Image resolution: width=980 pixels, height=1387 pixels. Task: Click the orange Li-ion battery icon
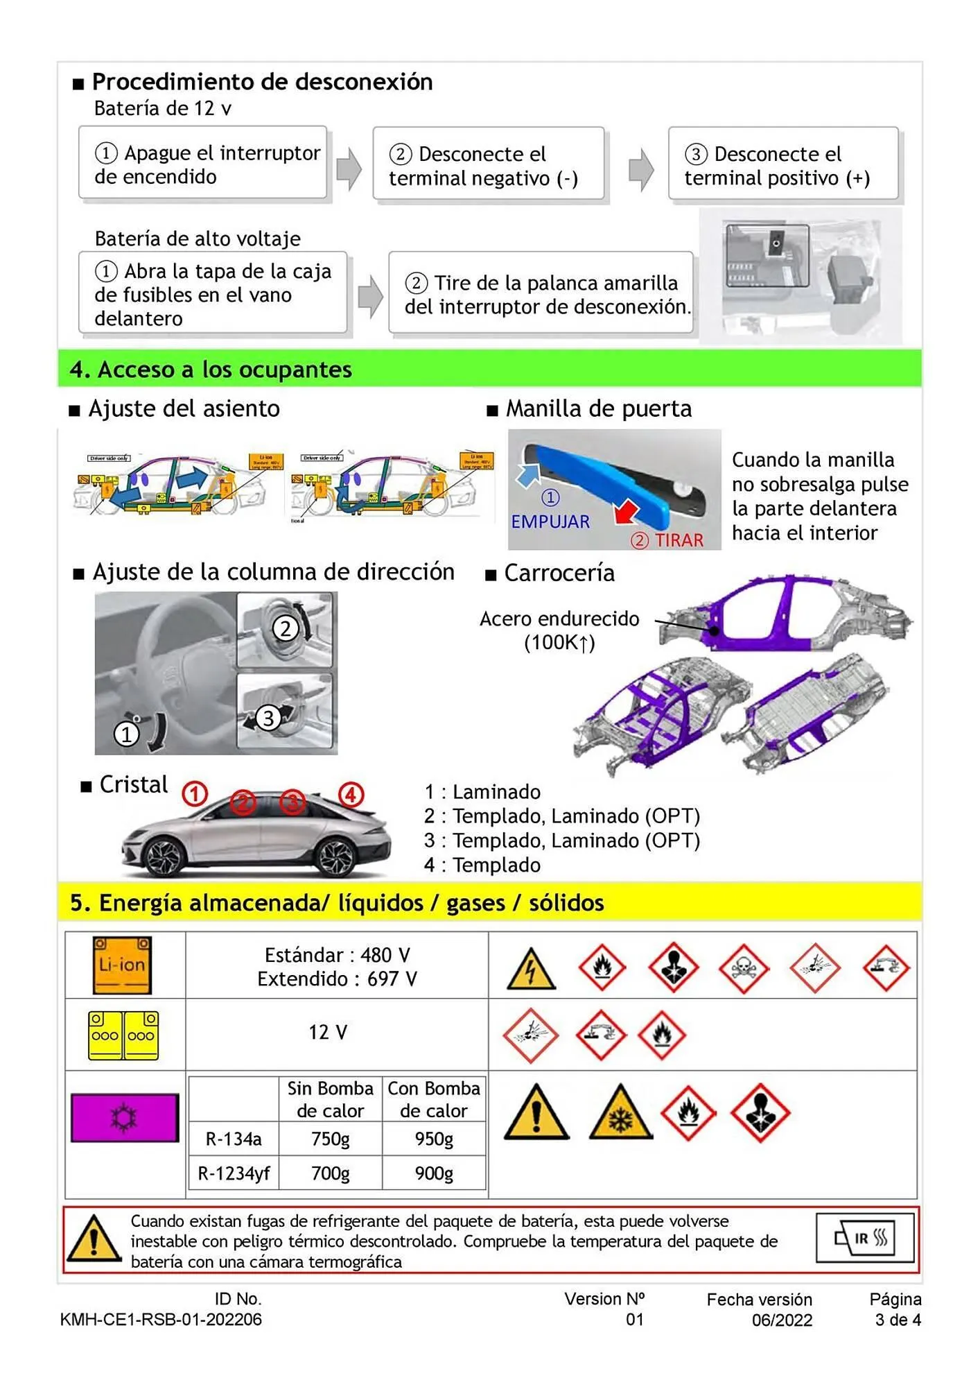point(123,965)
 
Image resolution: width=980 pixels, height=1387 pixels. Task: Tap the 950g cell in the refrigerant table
point(434,1139)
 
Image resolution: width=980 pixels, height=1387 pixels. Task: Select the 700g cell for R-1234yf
point(330,1173)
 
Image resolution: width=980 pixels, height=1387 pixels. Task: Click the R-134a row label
point(234,1139)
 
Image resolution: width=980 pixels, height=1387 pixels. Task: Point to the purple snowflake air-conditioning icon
point(125,1117)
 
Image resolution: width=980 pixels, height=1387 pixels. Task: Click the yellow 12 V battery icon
point(123,1035)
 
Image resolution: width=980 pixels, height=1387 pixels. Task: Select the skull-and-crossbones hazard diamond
point(744,967)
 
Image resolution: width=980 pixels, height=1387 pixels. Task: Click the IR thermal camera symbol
point(866,1238)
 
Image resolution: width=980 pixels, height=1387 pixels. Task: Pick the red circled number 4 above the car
point(351,794)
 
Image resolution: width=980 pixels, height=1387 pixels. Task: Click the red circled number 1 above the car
point(195,794)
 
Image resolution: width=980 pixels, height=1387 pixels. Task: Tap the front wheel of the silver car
point(164,856)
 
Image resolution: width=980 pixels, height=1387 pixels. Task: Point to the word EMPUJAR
point(550,522)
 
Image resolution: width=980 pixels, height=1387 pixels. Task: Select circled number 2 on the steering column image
point(285,628)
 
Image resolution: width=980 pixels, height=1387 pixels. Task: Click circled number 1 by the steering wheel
point(126,734)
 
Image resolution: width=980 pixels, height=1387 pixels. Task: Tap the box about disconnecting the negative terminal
point(488,165)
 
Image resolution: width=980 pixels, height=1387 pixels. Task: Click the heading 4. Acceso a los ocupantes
point(211,369)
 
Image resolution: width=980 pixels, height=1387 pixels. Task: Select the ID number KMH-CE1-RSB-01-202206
point(161,1319)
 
